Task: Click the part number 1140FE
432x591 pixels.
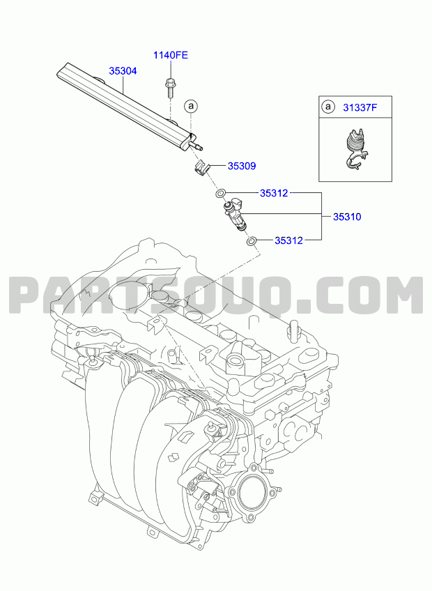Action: [171, 55]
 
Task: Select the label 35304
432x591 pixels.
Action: [123, 71]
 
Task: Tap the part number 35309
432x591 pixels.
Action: [242, 166]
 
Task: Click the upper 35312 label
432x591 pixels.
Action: [274, 193]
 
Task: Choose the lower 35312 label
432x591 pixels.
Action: [288, 240]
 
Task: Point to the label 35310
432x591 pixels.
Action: [347, 217]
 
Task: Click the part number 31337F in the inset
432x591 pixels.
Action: [360, 107]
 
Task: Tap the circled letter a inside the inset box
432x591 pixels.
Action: [328, 107]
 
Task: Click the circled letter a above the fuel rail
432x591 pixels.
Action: [191, 107]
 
